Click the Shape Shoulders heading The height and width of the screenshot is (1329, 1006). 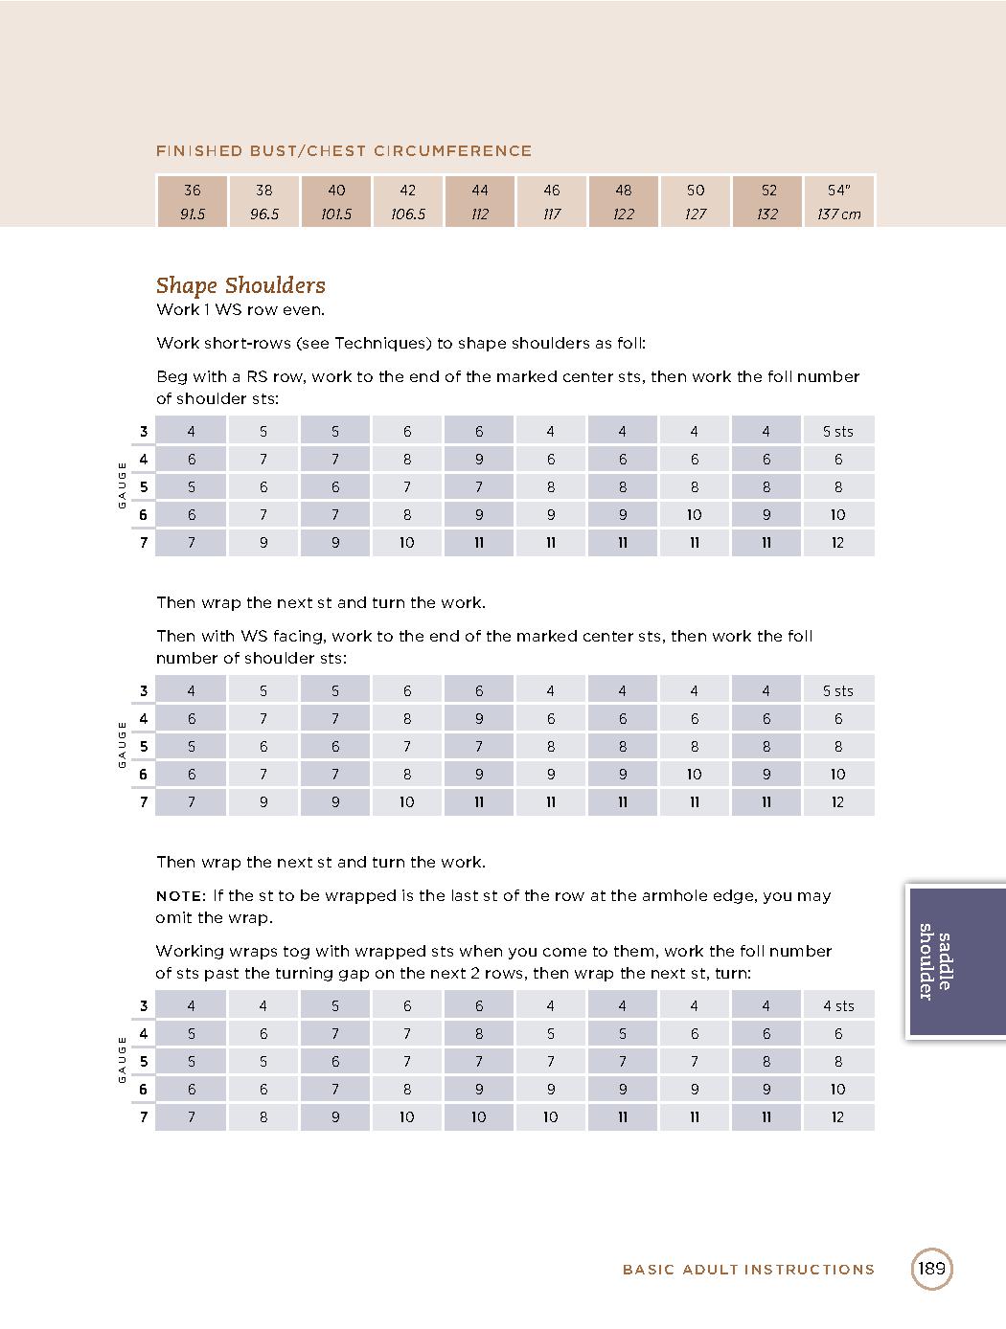point(240,285)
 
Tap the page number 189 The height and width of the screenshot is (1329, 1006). point(931,1269)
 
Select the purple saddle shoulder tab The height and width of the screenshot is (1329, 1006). point(954,961)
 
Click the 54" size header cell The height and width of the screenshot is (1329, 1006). point(838,190)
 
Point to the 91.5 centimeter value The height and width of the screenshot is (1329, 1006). point(193,214)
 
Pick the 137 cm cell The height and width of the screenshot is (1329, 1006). point(838,214)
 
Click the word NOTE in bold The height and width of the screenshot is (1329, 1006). point(180,896)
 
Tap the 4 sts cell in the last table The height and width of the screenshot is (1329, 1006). point(838,1006)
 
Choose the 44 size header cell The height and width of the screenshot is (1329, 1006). point(480,190)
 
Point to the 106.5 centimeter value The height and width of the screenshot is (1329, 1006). point(408,214)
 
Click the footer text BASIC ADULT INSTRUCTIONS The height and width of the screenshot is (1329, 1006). point(748,1270)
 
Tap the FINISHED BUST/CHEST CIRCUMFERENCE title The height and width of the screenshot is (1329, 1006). point(344,151)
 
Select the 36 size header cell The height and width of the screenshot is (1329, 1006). point(193,190)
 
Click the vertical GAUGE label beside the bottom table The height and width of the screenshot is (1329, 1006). point(122,1060)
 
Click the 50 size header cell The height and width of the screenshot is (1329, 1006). point(696,190)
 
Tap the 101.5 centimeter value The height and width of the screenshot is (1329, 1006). point(336,214)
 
